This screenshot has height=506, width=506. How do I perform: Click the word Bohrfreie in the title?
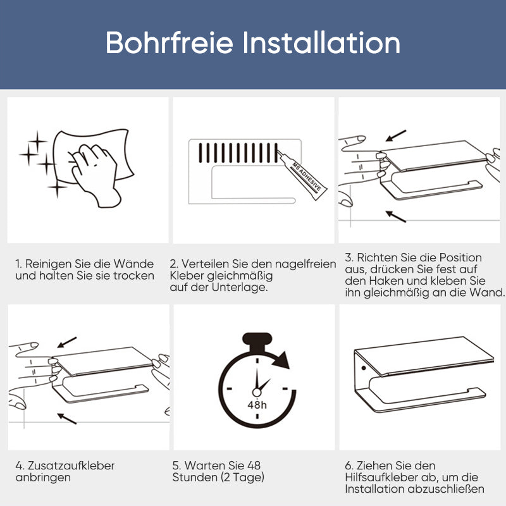(x=170, y=43)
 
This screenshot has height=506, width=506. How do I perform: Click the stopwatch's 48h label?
(x=256, y=405)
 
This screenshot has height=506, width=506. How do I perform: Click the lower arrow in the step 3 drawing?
(x=395, y=216)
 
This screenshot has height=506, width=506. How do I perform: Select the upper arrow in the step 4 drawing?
(x=66, y=342)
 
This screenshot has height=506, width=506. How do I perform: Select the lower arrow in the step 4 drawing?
(x=66, y=417)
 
